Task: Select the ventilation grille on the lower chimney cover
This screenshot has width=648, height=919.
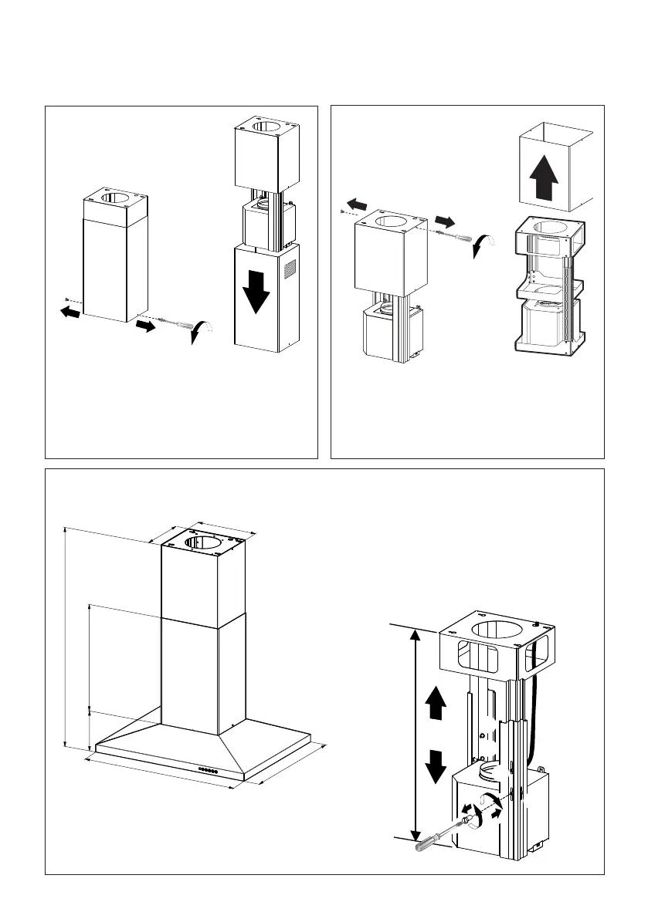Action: coord(290,269)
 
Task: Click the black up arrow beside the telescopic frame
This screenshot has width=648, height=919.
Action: coord(436,702)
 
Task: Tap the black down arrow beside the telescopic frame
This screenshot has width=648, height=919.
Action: coord(436,764)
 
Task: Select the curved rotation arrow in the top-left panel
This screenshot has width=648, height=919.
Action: coord(202,334)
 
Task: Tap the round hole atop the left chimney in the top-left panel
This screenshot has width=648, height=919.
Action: coord(114,198)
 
